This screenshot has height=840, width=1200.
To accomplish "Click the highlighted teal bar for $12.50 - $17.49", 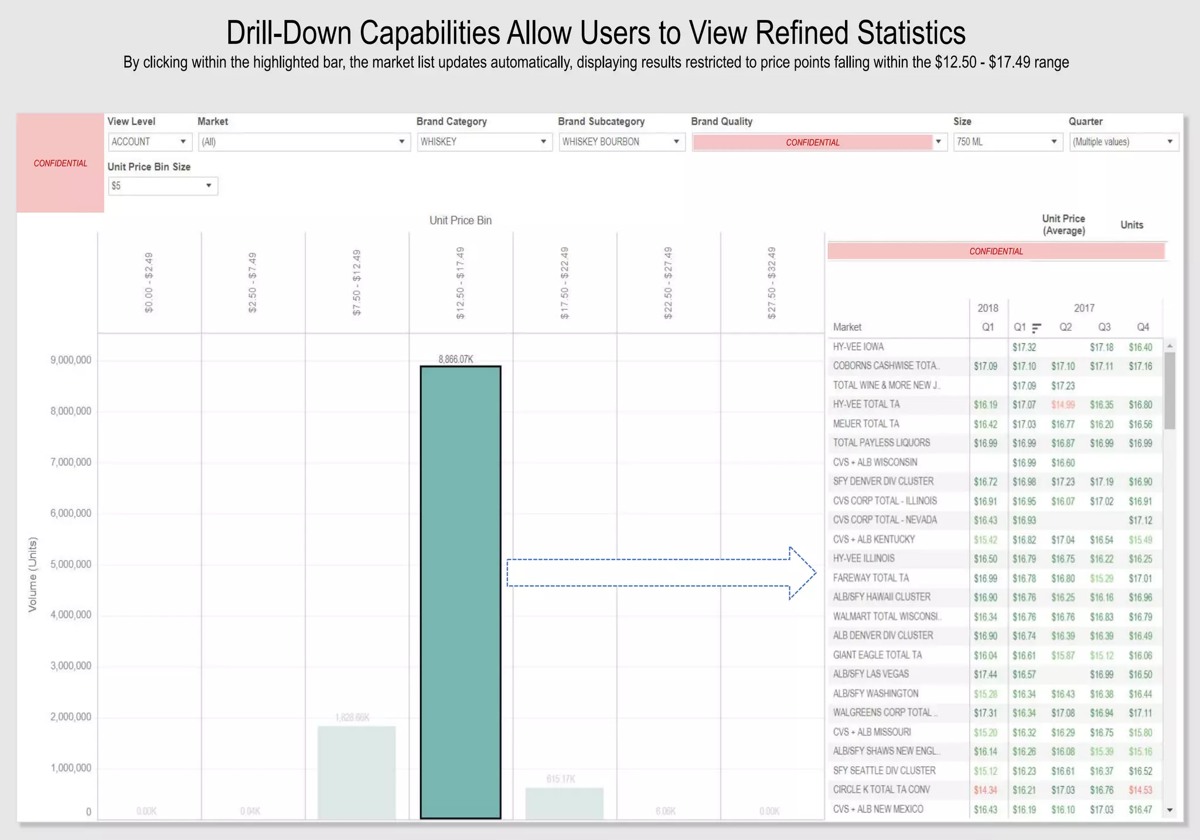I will (461, 592).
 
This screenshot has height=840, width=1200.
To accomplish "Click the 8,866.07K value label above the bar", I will (455, 359).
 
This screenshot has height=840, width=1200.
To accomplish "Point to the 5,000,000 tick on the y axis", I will (71, 564).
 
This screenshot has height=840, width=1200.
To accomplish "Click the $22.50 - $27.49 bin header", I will (668, 283).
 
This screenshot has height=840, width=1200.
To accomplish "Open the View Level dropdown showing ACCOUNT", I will (149, 142).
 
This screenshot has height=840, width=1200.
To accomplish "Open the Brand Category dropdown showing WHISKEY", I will (484, 142).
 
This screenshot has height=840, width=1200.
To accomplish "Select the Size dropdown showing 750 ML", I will (1007, 142).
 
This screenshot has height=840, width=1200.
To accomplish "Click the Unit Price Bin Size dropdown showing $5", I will (162, 186).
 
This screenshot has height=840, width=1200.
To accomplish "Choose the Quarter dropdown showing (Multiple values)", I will (1123, 142).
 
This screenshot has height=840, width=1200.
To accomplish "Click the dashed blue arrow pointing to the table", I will (661, 573).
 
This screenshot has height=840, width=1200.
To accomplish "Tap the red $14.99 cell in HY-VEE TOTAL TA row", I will (1062, 405).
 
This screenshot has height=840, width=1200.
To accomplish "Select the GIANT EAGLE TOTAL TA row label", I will (877, 655).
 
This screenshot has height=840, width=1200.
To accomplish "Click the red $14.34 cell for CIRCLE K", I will (985, 790).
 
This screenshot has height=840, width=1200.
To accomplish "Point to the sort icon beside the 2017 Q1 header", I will (1036, 328).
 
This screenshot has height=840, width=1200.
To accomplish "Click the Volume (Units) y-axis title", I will (33, 574).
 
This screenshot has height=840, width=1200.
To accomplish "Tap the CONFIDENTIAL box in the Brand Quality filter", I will (812, 142).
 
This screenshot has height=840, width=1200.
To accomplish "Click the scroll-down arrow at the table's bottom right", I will (1170, 810).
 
